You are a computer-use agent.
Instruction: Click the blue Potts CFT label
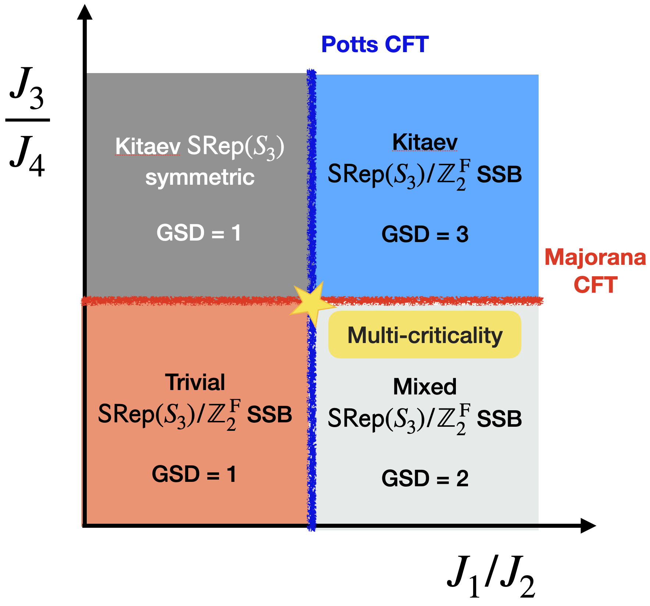click(x=375, y=45)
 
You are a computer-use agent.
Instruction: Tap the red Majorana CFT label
click(x=595, y=271)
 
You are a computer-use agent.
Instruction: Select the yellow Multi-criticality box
click(x=425, y=335)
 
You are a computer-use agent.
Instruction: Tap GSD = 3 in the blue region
click(x=425, y=234)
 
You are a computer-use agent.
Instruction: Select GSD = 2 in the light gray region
click(x=425, y=479)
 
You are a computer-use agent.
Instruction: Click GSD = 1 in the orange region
click(x=194, y=474)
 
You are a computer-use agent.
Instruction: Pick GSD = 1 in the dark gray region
click(x=199, y=233)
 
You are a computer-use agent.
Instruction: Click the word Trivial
click(x=195, y=382)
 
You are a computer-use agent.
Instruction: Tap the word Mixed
click(x=425, y=387)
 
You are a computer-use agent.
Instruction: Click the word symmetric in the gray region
click(x=200, y=177)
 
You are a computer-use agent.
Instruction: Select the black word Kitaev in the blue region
click(x=425, y=142)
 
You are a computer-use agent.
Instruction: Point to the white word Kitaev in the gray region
click(x=147, y=146)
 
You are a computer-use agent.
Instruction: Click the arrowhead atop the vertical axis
click(x=85, y=12)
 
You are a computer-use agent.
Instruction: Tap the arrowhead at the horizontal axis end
click(x=588, y=526)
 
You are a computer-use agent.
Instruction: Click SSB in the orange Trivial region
click(x=269, y=415)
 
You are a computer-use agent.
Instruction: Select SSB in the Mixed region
click(x=499, y=419)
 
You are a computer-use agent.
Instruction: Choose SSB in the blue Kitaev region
click(x=499, y=174)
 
